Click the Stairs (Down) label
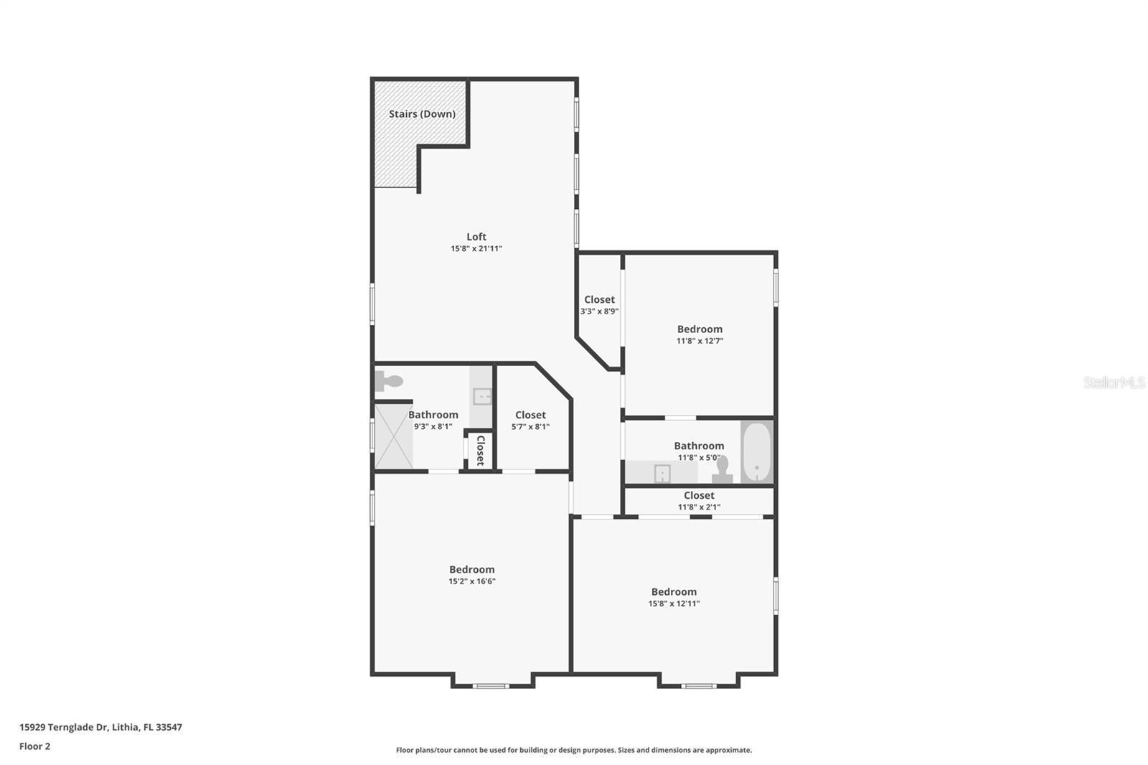click(422, 114)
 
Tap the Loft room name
click(476, 236)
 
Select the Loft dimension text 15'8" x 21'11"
click(476, 249)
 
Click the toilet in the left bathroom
click(389, 381)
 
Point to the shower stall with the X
click(394, 436)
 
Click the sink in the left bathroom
click(481, 396)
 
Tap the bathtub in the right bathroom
click(756, 451)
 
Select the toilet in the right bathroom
click(722, 469)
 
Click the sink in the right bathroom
click(662, 473)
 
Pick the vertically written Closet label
click(481, 451)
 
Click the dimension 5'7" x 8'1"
click(530, 426)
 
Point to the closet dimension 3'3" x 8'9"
click(599, 311)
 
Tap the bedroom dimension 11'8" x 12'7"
click(700, 340)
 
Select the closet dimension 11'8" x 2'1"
click(699, 507)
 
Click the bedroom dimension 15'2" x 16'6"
click(471, 581)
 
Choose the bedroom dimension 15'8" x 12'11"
click(674, 604)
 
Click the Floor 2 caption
click(35, 746)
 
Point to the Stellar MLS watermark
click(1114, 382)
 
